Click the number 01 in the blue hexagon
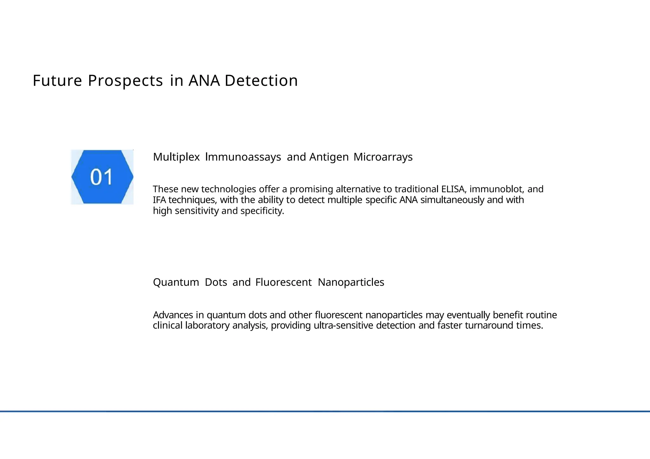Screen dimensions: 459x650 (x=102, y=177)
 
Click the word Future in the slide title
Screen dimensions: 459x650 (x=57, y=81)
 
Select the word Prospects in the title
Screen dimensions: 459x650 (x=125, y=81)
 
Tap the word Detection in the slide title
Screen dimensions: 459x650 (x=261, y=81)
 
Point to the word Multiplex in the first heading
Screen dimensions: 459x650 (x=176, y=157)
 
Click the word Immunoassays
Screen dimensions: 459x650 (x=243, y=157)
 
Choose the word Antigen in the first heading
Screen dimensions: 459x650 (x=329, y=157)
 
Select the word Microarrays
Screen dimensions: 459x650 (x=383, y=157)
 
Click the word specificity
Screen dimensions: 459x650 (x=262, y=211)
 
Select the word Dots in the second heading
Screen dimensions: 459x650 (x=216, y=282)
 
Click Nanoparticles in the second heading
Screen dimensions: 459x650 (x=351, y=282)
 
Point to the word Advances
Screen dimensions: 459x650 (x=173, y=315)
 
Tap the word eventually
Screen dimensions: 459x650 (x=468, y=315)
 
